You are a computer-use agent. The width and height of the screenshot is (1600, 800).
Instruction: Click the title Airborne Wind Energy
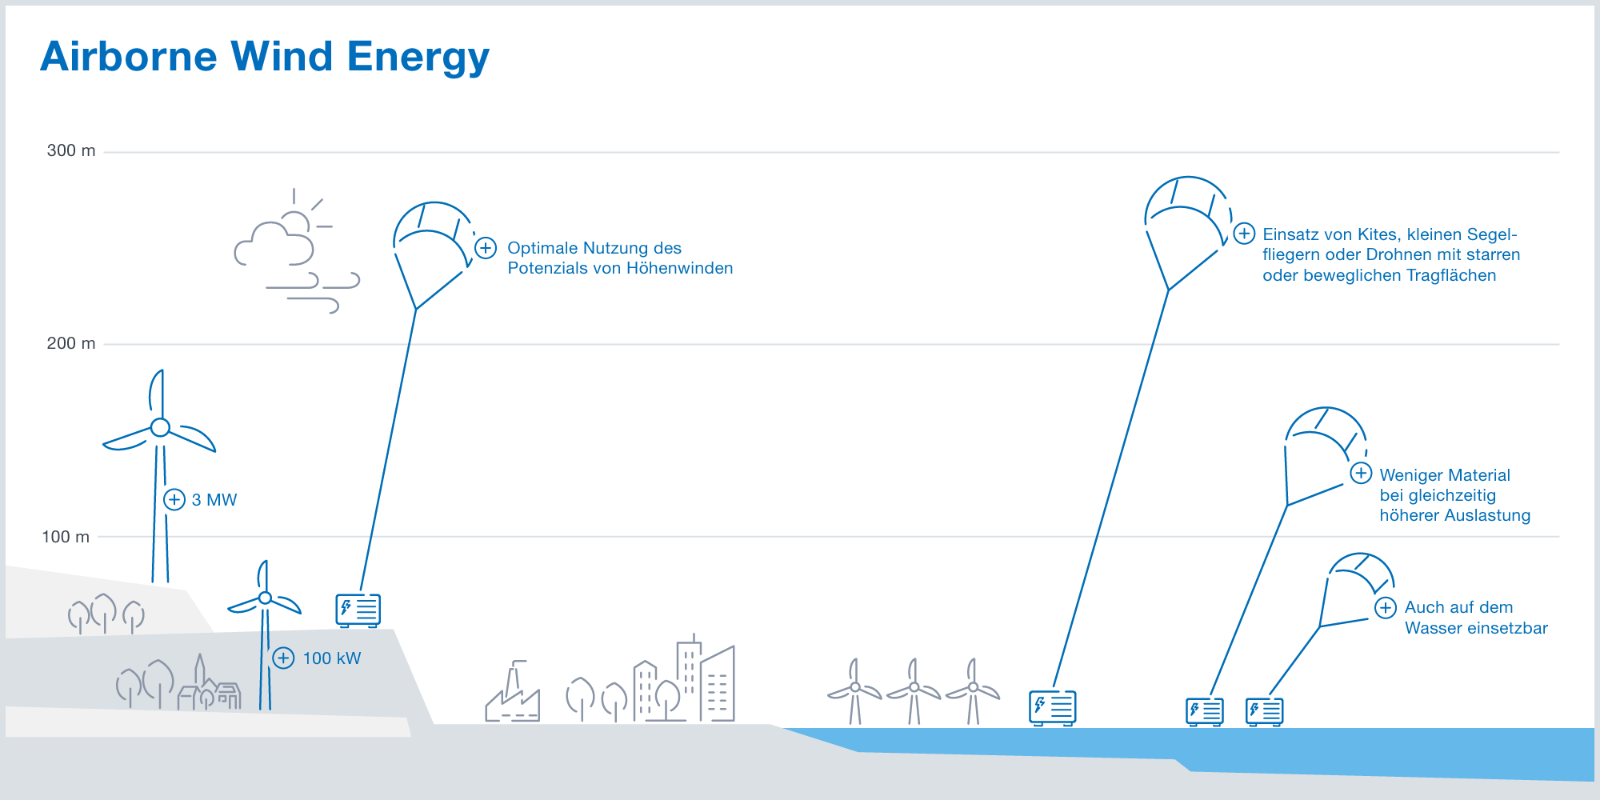pos(264,58)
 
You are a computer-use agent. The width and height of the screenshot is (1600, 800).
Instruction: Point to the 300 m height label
pos(71,150)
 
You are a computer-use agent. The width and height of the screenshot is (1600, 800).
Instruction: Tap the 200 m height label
pos(71,343)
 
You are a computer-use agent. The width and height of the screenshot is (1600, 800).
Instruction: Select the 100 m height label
pos(66,537)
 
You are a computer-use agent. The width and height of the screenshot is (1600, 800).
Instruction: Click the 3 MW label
pos(214,500)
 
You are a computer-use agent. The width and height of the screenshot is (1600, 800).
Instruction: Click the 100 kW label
pos(332,658)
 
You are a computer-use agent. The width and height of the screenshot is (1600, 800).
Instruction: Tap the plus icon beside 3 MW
pos(174,500)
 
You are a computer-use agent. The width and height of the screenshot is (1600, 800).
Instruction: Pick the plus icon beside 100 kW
pos(283,658)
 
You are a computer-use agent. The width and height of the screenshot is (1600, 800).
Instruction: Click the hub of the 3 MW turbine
pos(161,427)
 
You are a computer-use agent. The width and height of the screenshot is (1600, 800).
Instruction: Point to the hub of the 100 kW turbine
pos(265,598)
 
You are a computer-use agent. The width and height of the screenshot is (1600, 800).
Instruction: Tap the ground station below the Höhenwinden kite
pos(358,610)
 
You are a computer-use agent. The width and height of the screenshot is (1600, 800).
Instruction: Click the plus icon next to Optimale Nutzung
pos(486,248)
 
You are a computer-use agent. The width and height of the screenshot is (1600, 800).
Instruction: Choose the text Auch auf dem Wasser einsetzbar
pos(1476,618)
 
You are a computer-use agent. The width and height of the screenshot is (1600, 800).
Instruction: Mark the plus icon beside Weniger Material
pos(1361,473)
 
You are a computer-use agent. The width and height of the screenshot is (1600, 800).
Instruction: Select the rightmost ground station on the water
pos(1264,711)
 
